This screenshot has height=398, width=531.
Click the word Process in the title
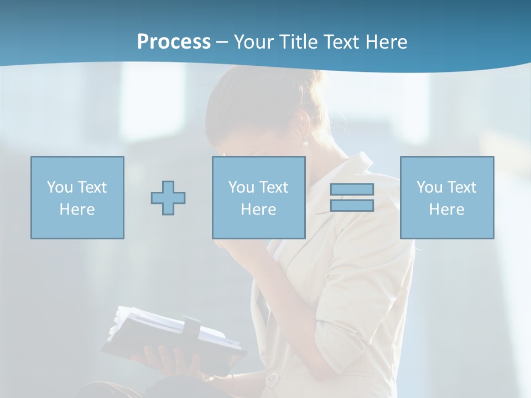click(x=174, y=42)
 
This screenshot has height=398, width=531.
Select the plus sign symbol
click(x=168, y=198)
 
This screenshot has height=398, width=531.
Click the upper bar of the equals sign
click(x=352, y=189)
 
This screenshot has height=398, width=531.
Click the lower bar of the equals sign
click(x=352, y=206)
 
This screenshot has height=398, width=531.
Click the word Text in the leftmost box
click(x=92, y=187)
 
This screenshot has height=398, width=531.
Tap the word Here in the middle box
click(x=259, y=210)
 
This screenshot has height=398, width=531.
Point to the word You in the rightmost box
click(x=430, y=187)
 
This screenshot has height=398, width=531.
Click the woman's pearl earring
click(x=305, y=143)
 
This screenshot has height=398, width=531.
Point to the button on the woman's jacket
click(x=272, y=380)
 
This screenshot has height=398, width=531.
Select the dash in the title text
click(x=222, y=42)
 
